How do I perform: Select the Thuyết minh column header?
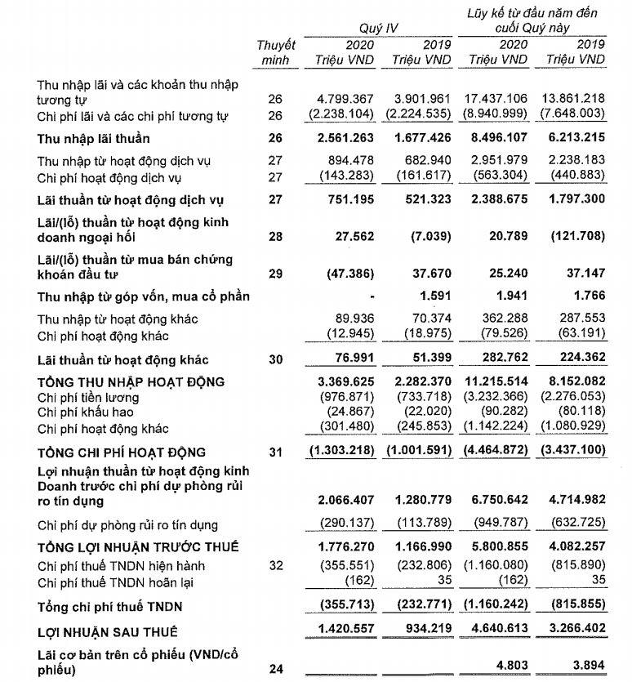tap(275, 51)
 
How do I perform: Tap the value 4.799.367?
tap(344, 98)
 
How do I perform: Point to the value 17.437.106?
tap(497, 98)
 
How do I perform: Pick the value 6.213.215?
tap(574, 138)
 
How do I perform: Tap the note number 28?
tap(275, 237)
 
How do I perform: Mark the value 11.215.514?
tap(497, 381)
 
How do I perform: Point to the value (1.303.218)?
tap(344, 452)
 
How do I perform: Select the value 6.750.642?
tap(497, 498)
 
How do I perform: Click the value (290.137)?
tap(349, 524)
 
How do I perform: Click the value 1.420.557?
tap(344, 631)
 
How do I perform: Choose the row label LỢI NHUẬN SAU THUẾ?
tap(108, 631)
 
